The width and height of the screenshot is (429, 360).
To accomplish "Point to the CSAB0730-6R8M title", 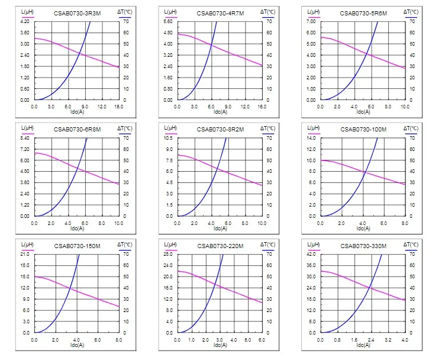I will (78, 128).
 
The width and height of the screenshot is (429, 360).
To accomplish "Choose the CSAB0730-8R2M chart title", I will (221, 128).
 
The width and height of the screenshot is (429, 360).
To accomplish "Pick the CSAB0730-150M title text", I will (78, 245).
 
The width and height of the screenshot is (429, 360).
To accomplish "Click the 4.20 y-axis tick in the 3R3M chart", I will (24, 21).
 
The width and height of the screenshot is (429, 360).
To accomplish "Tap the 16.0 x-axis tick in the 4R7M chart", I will (262, 107).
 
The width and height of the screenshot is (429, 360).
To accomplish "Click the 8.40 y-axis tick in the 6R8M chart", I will (24, 138).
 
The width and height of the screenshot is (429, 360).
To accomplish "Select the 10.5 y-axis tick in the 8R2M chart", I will (167, 138).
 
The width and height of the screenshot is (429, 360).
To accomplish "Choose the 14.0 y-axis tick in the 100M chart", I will (310, 138).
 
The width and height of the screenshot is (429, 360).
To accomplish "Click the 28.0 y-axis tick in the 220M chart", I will (167, 254).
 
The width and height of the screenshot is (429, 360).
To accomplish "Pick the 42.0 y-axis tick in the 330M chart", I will (310, 254).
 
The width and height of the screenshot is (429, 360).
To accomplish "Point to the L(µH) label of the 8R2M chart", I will (170, 128).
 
